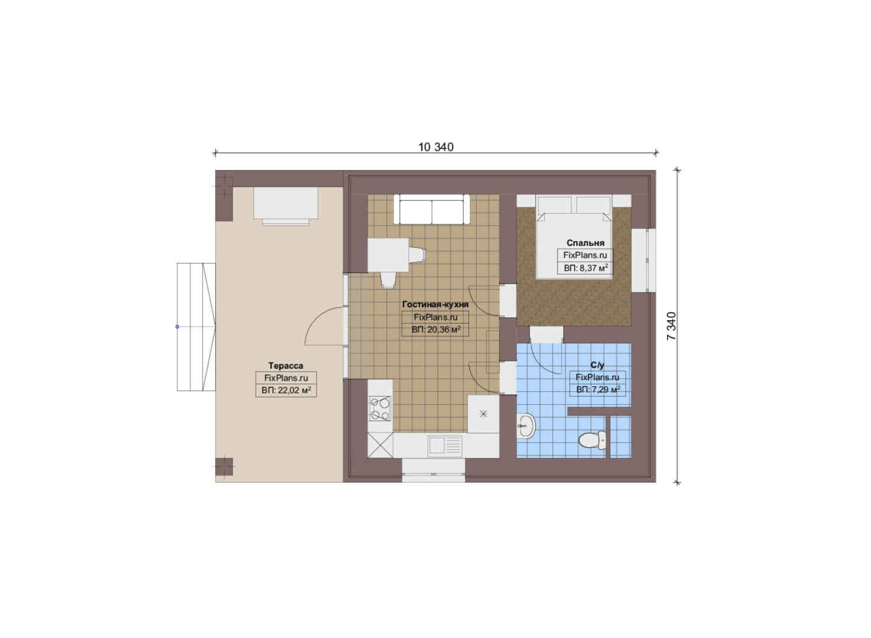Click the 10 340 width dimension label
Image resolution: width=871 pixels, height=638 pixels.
point(435,147)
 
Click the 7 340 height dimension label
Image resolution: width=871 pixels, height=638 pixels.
point(671,326)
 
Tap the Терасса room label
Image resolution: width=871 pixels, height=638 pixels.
point(285,366)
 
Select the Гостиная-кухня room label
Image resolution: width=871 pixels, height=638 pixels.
point(435,304)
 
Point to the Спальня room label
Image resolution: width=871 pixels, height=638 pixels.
point(585,243)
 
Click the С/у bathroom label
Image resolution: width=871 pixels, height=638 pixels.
point(597,365)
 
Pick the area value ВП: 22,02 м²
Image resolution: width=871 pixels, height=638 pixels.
point(286,390)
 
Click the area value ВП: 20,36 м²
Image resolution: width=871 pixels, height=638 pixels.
point(436,330)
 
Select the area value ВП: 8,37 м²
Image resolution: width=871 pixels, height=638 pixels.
point(586,268)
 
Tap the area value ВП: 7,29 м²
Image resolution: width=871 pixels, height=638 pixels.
point(597,389)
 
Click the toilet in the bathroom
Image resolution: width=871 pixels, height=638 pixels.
point(592,440)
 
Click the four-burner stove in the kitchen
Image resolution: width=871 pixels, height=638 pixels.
point(380,408)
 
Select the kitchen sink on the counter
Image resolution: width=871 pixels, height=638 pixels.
point(445,445)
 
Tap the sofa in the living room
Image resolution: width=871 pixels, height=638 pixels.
point(431,209)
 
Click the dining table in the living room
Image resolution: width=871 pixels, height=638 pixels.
point(388,255)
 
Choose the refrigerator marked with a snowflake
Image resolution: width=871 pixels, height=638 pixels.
point(483,414)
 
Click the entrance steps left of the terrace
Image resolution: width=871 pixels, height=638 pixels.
point(196,327)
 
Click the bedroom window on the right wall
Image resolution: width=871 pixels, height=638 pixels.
point(643,260)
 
